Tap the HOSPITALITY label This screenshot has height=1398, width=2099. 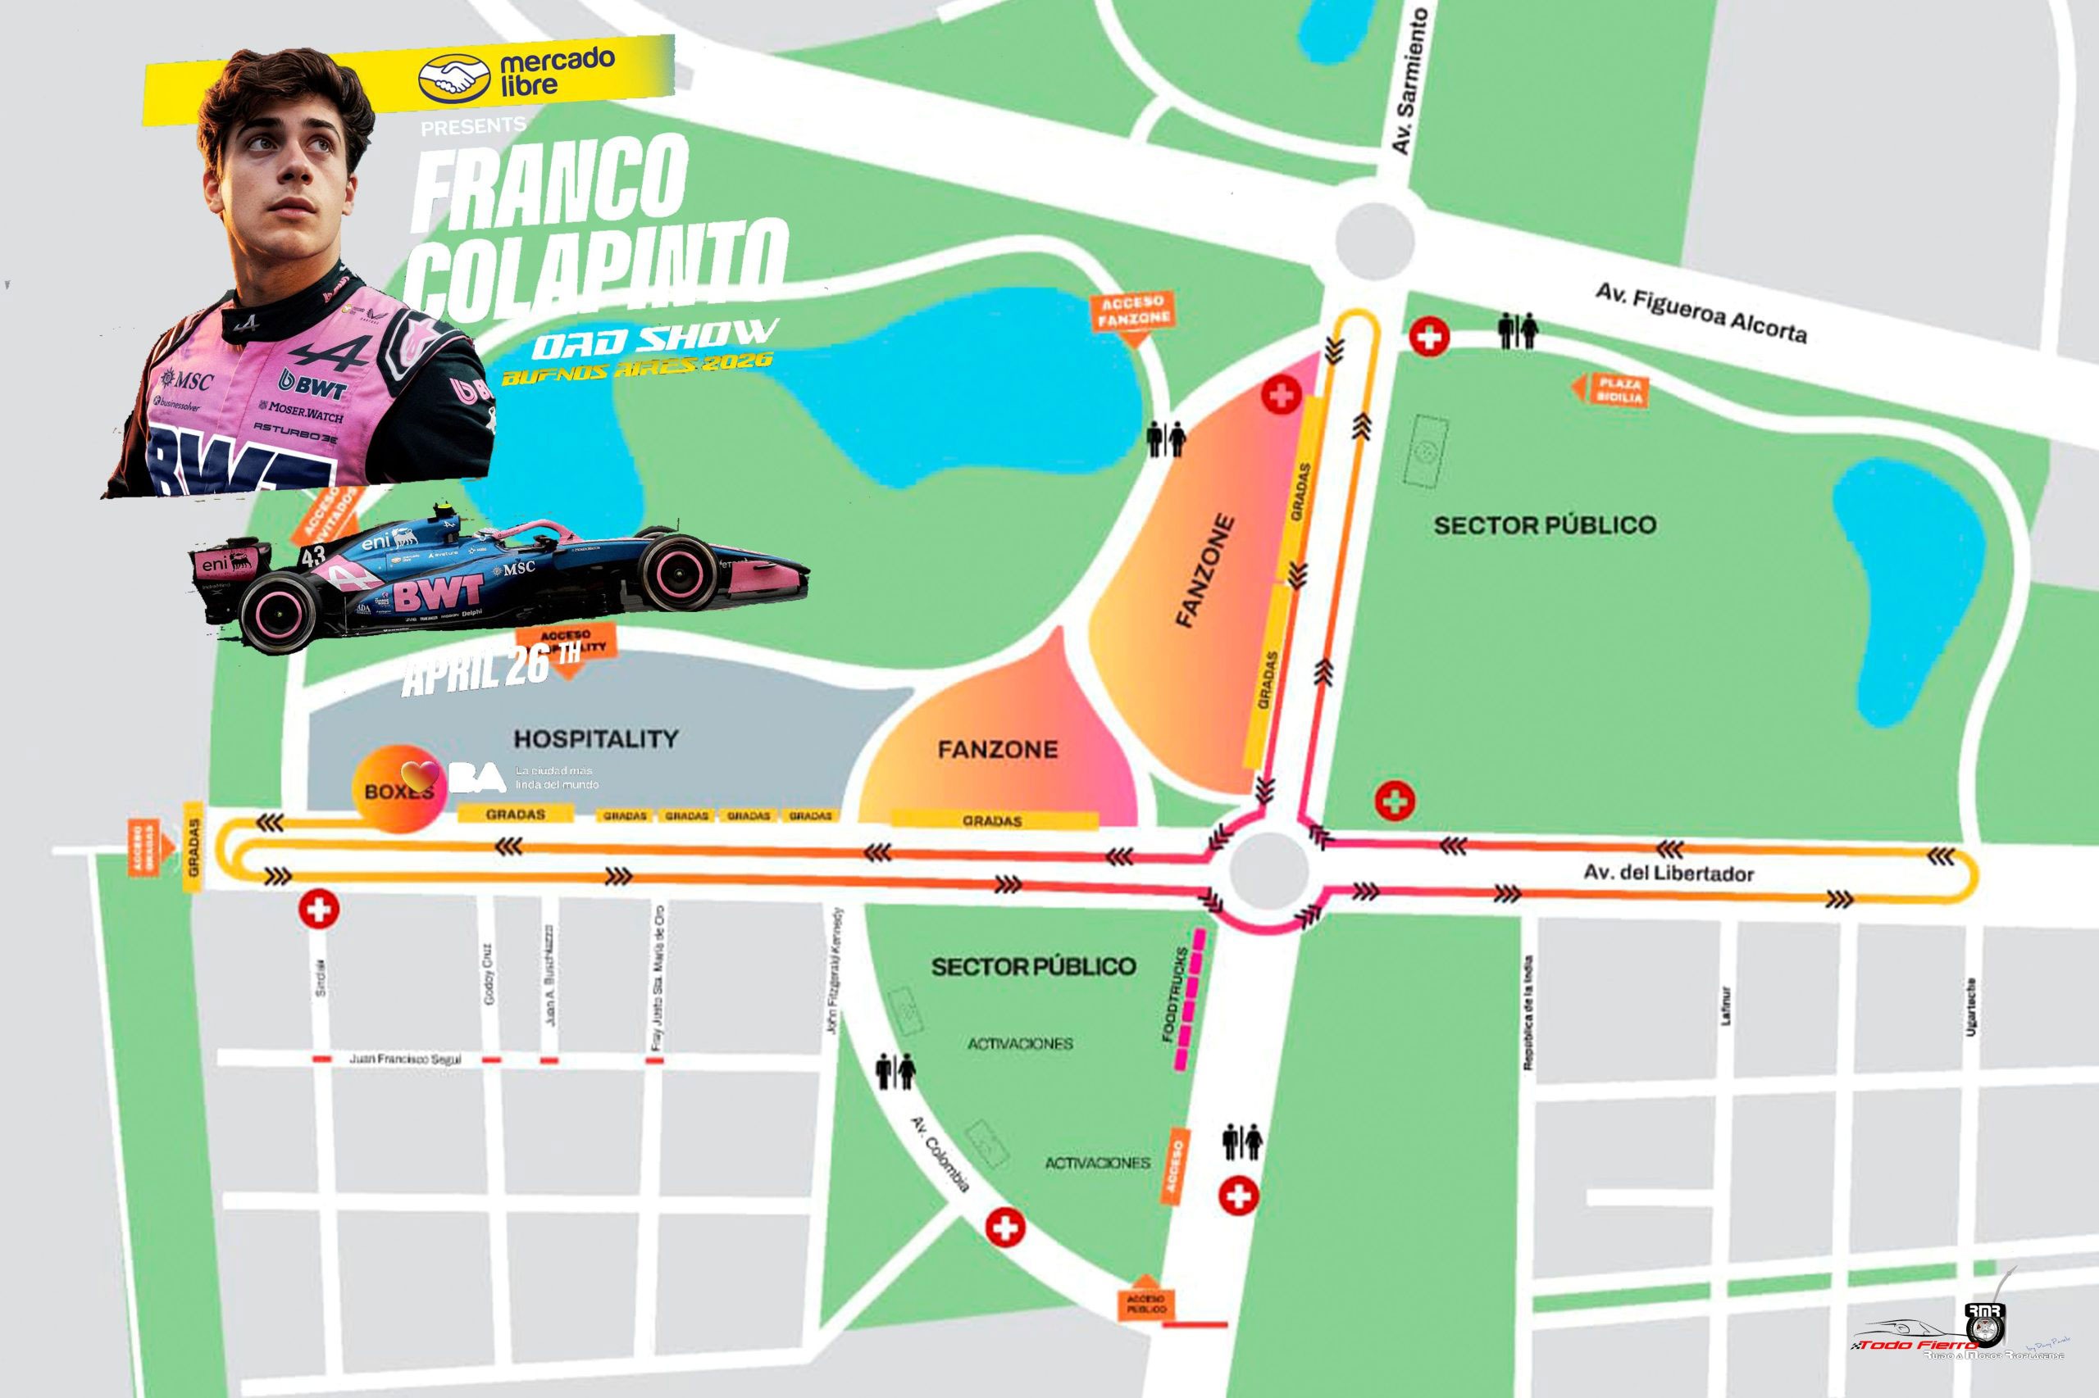coord(595,739)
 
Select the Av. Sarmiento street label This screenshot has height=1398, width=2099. coord(1409,80)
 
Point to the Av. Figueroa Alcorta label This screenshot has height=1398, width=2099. coord(1701,314)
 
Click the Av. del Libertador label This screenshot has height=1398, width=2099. coord(1669,872)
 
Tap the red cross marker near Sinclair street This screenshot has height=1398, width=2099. coord(319,910)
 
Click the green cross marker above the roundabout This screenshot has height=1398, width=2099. coord(1395,800)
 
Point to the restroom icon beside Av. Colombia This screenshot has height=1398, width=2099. coord(895,1073)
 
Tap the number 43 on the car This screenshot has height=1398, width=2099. coord(313,557)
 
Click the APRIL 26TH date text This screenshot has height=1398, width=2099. coord(490,668)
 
